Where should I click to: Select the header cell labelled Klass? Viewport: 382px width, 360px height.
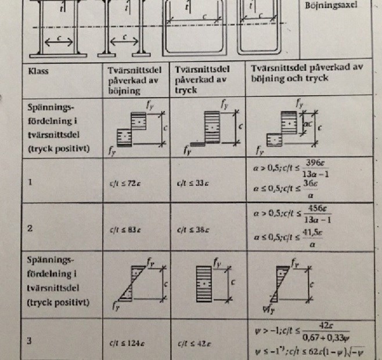[x=39, y=73]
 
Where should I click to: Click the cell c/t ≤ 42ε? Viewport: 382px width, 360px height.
[x=193, y=341]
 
